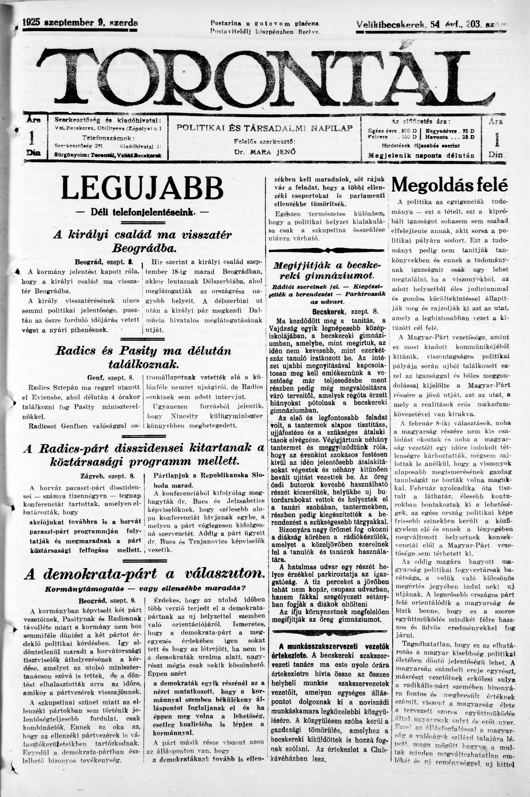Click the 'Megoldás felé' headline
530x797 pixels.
[x=450, y=185]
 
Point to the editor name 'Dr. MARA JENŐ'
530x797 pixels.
[x=265, y=152]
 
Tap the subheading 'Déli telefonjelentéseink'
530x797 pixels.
[x=143, y=212]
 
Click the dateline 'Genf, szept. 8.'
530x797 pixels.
[x=111, y=377]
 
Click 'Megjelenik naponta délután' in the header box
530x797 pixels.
[x=421, y=156]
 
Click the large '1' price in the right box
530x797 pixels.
[x=496, y=140]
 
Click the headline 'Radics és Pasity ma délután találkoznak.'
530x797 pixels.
[x=143, y=358]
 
